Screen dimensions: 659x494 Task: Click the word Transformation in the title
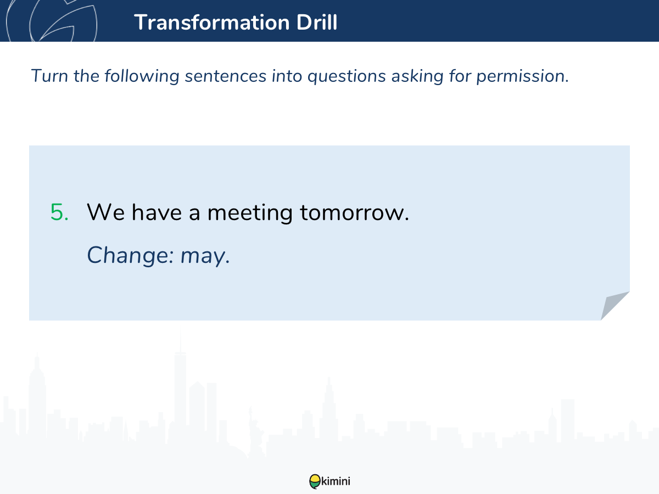(x=212, y=23)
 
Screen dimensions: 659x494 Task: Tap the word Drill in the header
(x=317, y=22)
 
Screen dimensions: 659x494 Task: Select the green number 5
(x=59, y=212)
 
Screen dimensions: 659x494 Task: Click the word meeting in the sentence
(x=250, y=214)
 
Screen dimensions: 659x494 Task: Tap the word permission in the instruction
(x=522, y=76)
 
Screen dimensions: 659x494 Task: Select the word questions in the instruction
(x=347, y=76)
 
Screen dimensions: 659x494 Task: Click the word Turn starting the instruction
(x=49, y=76)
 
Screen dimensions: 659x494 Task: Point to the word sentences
(x=226, y=76)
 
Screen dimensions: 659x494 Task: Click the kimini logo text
(x=336, y=481)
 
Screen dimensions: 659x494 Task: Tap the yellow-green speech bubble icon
(x=315, y=481)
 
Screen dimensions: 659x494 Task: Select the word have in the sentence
(x=157, y=212)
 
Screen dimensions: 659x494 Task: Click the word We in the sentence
(x=105, y=212)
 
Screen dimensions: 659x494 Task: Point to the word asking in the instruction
(x=417, y=76)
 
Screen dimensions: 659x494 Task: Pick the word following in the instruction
(x=142, y=76)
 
